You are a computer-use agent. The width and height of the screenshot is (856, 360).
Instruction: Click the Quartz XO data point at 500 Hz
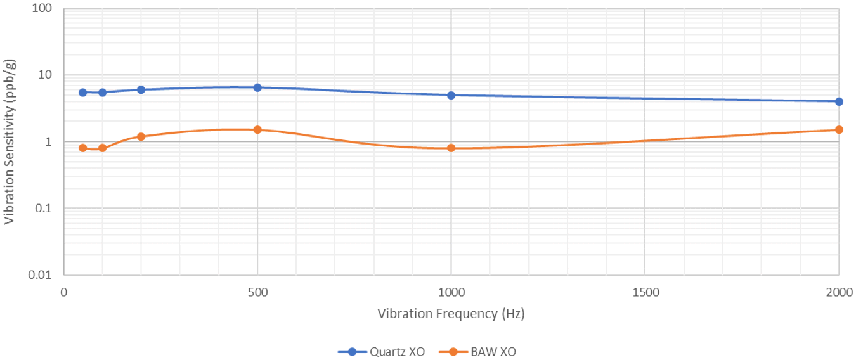(x=257, y=87)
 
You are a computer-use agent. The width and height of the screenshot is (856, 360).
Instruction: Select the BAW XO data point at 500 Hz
(x=257, y=129)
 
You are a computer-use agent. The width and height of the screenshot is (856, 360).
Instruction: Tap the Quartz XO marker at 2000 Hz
(x=839, y=101)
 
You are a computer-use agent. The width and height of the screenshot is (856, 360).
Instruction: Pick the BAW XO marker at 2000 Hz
(x=839, y=129)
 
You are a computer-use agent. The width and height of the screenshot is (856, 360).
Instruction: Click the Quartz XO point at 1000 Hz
(x=451, y=95)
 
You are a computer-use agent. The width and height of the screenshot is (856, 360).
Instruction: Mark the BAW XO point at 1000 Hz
(x=451, y=148)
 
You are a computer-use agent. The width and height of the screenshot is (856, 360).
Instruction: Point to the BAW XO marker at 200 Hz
(x=141, y=136)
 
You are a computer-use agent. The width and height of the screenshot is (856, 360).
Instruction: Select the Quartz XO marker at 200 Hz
(x=141, y=89)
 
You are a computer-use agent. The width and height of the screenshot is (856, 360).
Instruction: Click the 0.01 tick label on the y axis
(x=40, y=275)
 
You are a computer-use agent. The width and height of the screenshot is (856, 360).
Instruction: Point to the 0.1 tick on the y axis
(x=43, y=209)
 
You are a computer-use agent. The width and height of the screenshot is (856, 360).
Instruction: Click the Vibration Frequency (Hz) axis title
(x=451, y=313)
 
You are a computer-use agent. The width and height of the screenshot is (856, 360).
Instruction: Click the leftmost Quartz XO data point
(x=82, y=92)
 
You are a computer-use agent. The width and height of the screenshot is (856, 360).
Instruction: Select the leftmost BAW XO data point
(x=82, y=148)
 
